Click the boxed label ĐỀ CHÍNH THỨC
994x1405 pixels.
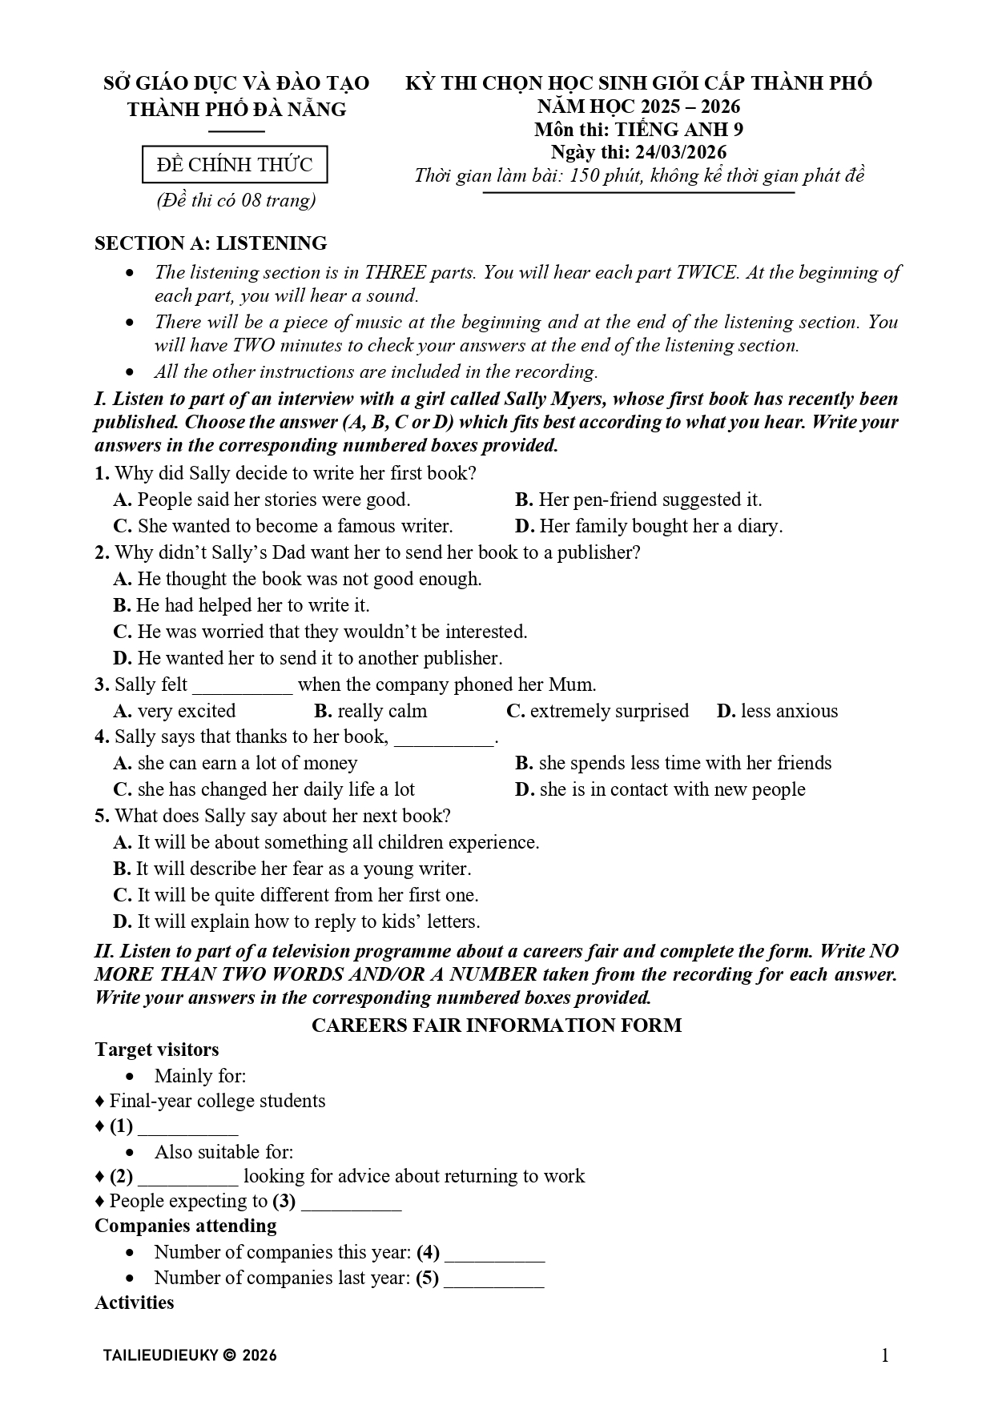235,165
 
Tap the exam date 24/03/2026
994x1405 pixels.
680,152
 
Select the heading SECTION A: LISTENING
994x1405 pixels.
211,243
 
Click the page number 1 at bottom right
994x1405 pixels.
885,1355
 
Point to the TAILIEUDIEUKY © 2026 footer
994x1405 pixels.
190,1355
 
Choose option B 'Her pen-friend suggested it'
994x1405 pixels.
638,500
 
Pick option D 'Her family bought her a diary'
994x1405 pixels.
649,526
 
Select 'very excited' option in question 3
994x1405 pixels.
175,711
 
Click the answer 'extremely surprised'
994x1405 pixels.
598,711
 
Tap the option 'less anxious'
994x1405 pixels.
778,711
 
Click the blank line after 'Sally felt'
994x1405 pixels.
243,687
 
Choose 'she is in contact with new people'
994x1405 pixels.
661,789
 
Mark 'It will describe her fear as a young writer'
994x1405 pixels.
292,869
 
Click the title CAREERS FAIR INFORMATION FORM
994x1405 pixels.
497,1026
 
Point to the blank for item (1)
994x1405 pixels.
187,1129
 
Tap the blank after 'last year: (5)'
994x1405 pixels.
493,1280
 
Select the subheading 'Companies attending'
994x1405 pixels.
186,1226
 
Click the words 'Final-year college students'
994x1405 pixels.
217,1101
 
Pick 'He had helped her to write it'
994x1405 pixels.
242,605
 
